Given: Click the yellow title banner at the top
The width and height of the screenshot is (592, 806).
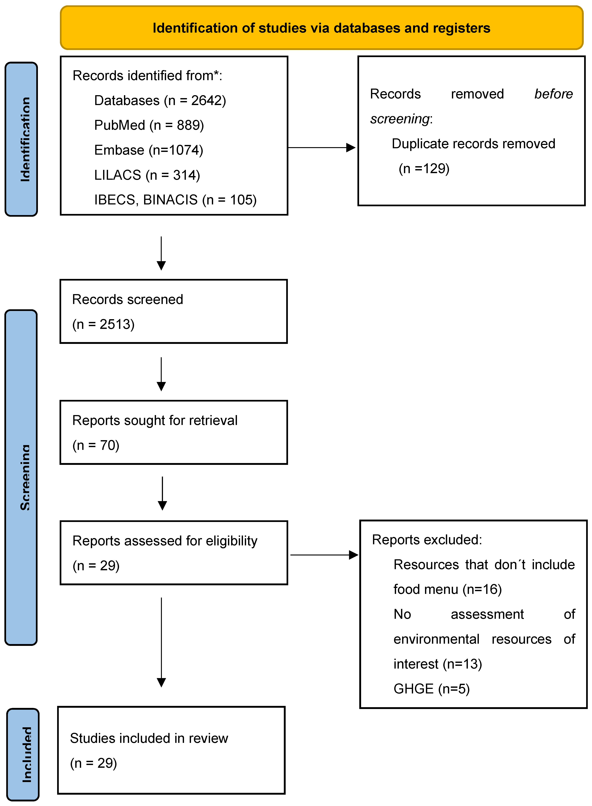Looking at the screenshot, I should point(321,28).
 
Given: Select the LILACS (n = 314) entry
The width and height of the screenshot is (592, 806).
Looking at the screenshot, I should point(147,175).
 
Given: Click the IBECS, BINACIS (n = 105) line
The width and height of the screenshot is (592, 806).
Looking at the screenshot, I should point(175,200).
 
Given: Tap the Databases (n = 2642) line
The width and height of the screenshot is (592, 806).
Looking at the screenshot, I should point(160,101).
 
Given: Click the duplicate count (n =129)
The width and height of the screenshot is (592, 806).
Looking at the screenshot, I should point(424,168).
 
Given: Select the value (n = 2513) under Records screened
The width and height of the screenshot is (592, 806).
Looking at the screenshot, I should point(103,324).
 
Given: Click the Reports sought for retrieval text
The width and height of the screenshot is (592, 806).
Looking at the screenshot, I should point(155,420).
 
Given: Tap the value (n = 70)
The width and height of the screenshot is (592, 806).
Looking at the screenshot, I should point(96,445).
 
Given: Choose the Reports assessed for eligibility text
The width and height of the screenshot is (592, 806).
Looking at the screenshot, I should point(165,541).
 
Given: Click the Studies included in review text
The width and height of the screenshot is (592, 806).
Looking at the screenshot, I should point(149,738).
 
